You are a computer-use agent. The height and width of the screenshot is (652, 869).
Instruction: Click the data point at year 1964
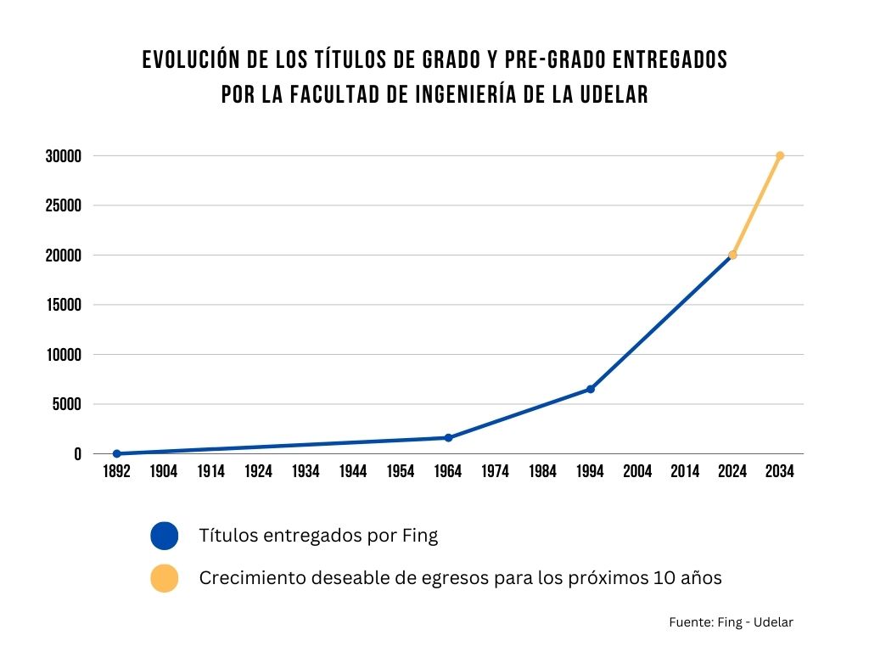(448, 438)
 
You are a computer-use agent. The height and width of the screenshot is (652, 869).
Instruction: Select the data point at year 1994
(591, 389)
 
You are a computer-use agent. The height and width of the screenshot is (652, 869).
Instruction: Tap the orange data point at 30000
(780, 155)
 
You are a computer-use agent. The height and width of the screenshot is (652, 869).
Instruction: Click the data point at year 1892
(117, 453)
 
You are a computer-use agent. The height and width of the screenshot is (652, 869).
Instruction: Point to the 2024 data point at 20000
(732, 255)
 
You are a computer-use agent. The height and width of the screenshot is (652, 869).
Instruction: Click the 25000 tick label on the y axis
(64, 205)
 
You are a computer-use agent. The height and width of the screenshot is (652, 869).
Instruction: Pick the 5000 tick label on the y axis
(67, 404)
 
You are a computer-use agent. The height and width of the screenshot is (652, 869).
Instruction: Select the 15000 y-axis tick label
(64, 305)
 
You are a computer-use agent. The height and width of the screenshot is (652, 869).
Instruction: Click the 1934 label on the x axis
(306, 472)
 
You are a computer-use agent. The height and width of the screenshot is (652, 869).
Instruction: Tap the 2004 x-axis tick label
(637, 472)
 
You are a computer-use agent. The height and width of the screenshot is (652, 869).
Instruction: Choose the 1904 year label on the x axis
(164, 472)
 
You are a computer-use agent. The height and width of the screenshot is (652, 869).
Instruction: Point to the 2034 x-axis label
(780, 472)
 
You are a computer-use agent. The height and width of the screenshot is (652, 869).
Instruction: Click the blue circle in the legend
(164, 536)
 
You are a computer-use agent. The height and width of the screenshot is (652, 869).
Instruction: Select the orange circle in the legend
(164, 578)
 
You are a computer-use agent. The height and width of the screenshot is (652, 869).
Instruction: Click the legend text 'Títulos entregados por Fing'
(318, 536)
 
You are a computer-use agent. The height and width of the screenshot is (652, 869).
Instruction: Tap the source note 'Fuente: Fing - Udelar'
(731, 622)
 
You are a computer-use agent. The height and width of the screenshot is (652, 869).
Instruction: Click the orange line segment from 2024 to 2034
(756, 205)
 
